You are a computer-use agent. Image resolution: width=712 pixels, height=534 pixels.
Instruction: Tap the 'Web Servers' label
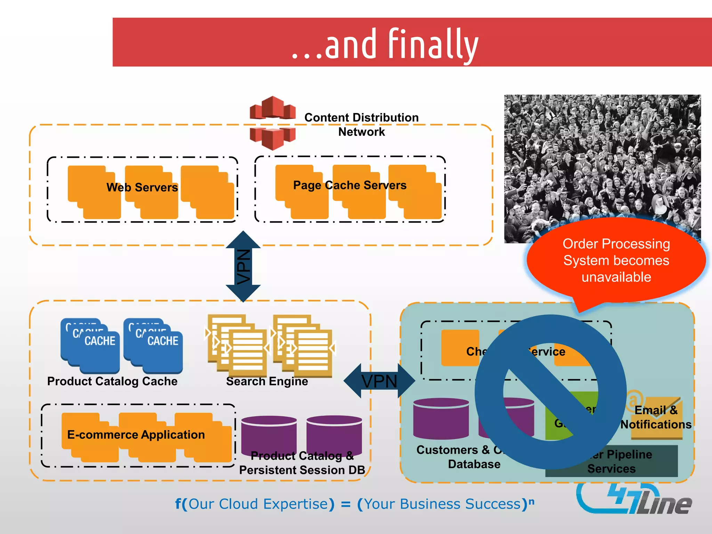click(142, 187)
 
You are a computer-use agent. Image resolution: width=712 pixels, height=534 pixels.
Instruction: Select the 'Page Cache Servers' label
click(349, 185)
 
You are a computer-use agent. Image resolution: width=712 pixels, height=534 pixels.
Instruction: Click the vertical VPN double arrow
click(243, 266)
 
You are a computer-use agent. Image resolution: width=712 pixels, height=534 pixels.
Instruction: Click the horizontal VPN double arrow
click(379, 381)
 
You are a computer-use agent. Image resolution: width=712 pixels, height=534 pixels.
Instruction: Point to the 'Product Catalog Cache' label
click(112, 381)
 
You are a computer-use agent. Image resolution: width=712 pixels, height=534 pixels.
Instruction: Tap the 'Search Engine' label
click(267, 381)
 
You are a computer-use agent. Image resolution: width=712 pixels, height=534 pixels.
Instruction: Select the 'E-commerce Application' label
click(136, 435)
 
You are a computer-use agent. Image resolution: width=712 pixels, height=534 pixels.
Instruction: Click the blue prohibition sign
click(550, 392)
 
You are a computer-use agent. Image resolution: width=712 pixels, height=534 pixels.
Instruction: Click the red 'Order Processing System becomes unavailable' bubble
click(616, 261)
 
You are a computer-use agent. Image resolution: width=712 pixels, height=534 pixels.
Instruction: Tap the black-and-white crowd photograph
click(602, 156)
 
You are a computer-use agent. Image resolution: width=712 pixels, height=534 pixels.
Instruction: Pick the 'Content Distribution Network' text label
click(361, 124)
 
